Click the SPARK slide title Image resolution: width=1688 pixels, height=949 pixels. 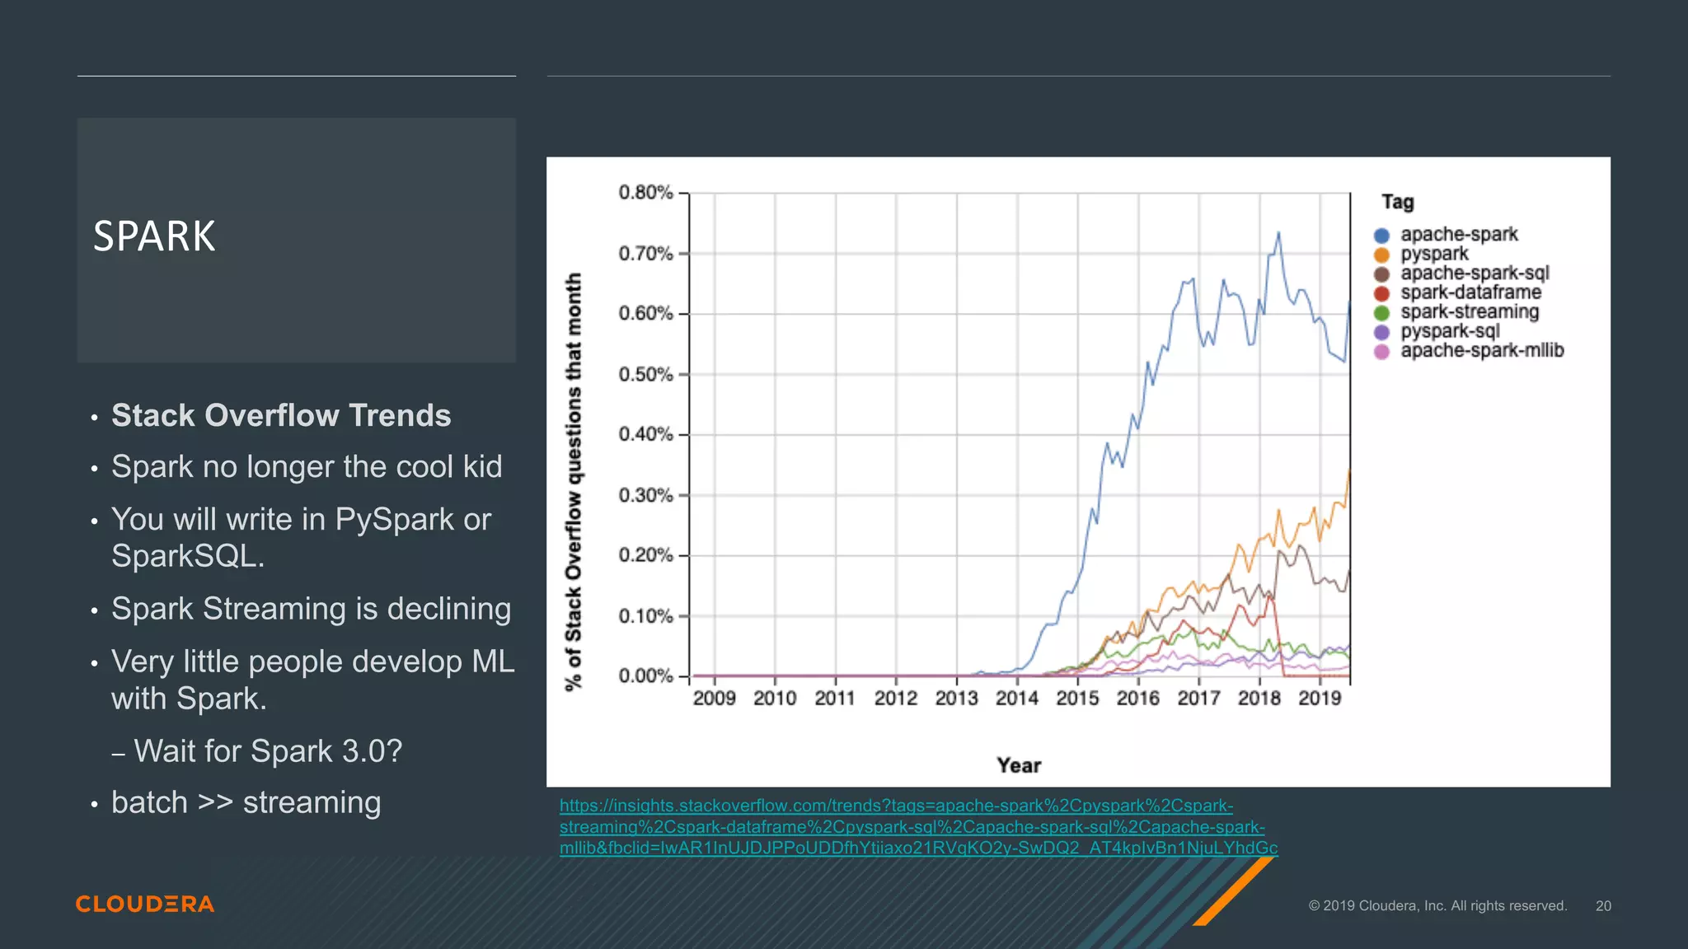154,236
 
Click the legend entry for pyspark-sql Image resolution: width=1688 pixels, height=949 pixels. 1449,331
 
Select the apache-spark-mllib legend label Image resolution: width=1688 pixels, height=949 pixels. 1481,351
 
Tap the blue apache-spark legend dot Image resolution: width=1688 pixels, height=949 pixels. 1382,236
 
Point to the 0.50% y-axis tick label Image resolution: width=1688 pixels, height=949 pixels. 645,374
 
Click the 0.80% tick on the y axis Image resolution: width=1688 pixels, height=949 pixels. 645,193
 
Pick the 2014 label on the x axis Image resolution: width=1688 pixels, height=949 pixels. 1017,699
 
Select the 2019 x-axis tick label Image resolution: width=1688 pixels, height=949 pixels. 1320,699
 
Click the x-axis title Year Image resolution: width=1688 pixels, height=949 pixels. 1019,765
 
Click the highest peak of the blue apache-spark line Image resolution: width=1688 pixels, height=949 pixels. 1278,234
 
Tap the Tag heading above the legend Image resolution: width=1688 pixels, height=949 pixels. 1397,202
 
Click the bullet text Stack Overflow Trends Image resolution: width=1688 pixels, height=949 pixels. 281,415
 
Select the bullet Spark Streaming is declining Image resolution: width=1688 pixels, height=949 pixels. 311,609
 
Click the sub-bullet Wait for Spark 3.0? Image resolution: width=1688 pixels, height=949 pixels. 268,751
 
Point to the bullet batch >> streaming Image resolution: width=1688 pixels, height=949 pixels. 246,802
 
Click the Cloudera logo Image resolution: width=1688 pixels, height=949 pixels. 145,904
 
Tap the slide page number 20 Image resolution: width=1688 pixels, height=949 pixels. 1602,906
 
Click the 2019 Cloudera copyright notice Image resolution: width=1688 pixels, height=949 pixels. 1437,906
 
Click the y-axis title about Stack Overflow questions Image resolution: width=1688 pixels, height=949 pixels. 574,482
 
